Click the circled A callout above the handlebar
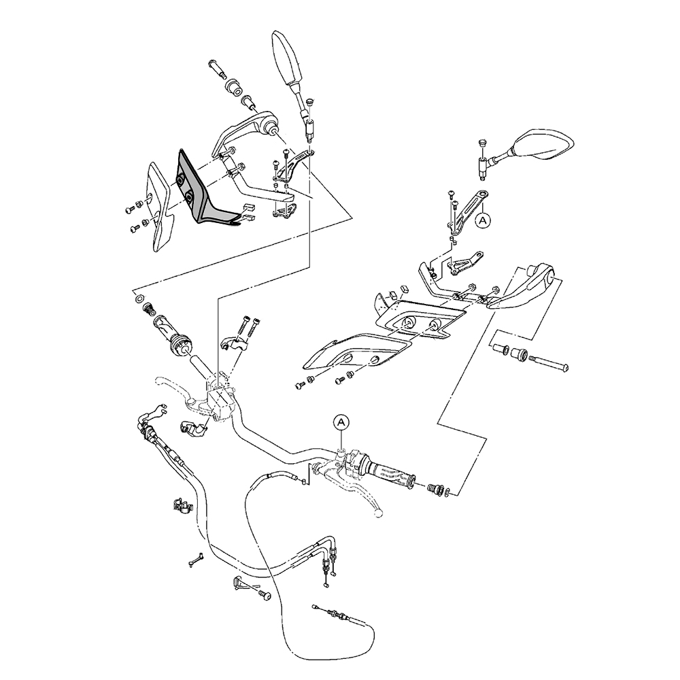click(341, 422)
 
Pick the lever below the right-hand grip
click(357, 496)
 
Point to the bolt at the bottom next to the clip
click(265, 596)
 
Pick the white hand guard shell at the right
click(524, 286)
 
